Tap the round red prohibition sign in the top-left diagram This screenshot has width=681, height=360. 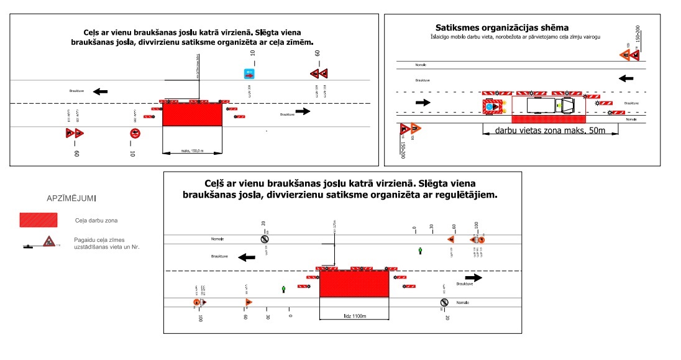coord(135,132)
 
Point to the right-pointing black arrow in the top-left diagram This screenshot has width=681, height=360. coord(303,111)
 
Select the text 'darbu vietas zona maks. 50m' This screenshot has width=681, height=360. coord(550,131)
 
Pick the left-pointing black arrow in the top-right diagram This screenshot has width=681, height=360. coord(626,78)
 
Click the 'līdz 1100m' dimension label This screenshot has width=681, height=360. coord(354,317)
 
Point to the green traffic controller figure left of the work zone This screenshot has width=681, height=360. coord(284,289)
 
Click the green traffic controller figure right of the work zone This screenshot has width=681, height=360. coord(421,251)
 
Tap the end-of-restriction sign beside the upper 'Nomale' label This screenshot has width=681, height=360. coord(265,239)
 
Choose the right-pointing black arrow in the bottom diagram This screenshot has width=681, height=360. coord(473,278)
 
